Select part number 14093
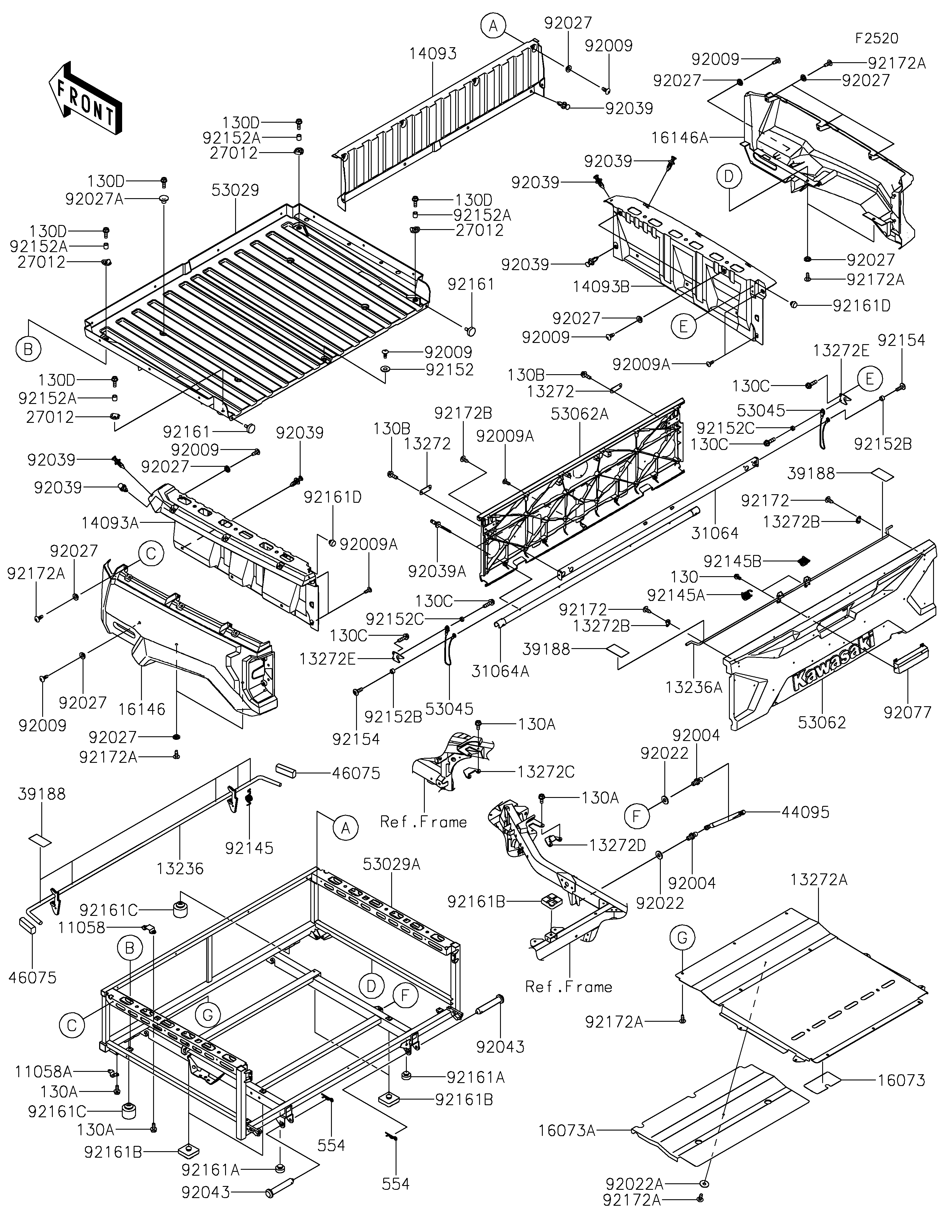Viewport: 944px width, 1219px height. pyautogui.click(x=433, y=54)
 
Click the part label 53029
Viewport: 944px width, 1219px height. pyautogui.click(x=235, y=190)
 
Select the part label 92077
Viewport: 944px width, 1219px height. pyautogui.click(x=908, y=712)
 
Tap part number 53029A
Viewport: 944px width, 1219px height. pyautogui.click(x=391, y=864)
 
